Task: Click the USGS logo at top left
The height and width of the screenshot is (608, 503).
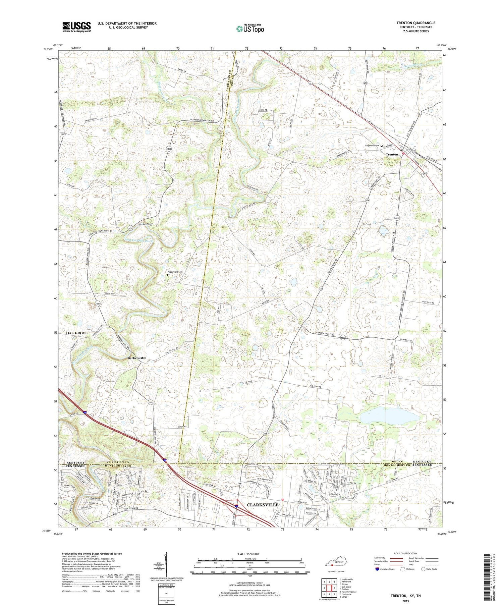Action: pos(76,27)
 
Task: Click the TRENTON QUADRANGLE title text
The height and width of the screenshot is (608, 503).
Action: pos(415,23)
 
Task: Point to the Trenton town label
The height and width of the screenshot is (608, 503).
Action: pos(391,155)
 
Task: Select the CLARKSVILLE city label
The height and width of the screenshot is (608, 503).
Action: pos(263,505)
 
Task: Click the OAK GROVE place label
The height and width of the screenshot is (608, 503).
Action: pos(77,333)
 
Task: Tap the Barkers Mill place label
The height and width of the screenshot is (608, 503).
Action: pos(137,358)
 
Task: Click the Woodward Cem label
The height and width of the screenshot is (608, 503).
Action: pos(175,272)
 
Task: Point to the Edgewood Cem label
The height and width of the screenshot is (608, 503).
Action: pos(372,146)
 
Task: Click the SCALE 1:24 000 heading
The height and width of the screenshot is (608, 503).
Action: pos(249,554)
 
